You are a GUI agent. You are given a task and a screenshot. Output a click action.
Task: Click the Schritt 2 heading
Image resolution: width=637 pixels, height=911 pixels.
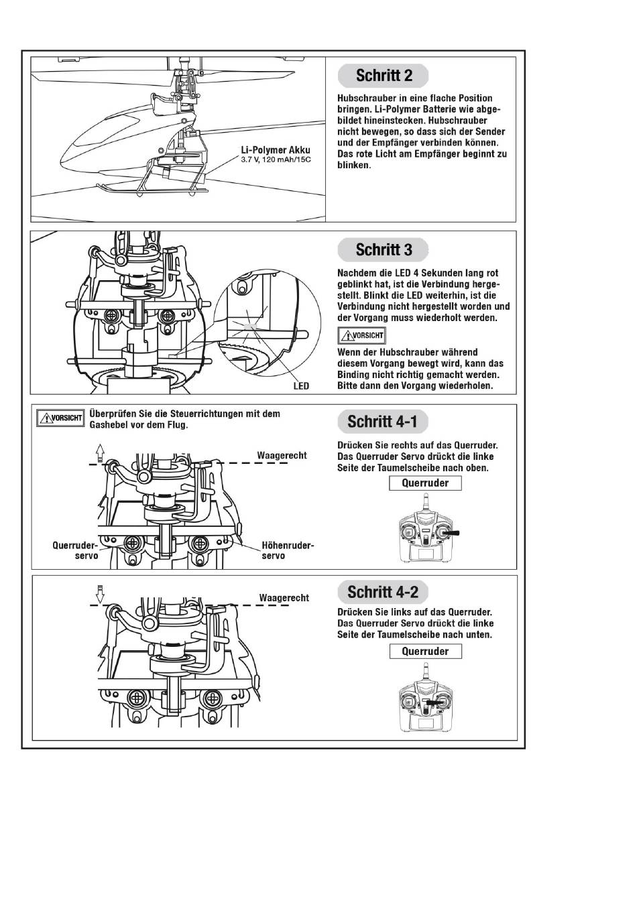point(384,76)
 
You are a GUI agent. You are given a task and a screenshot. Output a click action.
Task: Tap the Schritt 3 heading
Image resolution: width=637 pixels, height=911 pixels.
point(384,250)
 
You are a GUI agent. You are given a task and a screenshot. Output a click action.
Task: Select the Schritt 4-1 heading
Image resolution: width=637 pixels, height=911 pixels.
point(382,422)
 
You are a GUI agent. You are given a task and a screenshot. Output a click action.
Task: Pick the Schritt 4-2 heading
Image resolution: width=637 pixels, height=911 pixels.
point(383,592)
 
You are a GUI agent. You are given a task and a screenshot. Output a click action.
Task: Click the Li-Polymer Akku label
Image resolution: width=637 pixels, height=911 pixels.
point(276,149)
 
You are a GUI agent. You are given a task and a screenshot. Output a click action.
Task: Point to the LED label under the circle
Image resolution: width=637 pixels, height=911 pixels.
point(301,385)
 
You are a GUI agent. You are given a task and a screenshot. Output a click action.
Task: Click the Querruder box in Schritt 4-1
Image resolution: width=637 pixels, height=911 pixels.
point(425,483)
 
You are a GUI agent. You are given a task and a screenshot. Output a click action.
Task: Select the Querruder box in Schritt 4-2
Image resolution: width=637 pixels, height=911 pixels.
point(425,651)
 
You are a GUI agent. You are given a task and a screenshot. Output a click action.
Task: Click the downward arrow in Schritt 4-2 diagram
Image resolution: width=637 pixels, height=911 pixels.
point(100,594)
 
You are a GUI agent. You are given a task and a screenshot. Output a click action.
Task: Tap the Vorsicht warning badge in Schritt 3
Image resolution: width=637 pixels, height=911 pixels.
point(361,335)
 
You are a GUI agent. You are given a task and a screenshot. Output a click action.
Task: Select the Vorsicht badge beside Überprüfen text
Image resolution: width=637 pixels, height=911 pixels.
point(60,418)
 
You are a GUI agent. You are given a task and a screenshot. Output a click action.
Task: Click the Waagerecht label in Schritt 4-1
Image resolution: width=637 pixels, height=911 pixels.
point(282,456)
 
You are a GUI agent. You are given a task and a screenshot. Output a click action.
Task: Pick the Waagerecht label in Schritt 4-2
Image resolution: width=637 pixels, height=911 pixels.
point(284,597)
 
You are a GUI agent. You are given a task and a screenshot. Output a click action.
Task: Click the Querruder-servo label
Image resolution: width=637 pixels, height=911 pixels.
point(75,550)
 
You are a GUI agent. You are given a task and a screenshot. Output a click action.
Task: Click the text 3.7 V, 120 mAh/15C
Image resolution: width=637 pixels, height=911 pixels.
point(276,160)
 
